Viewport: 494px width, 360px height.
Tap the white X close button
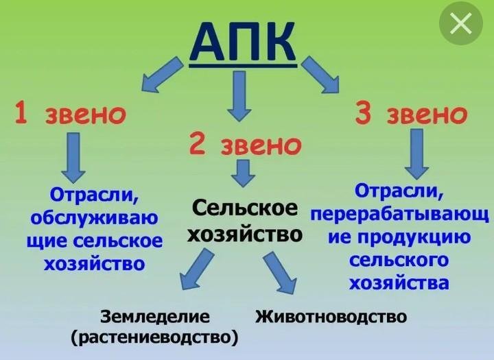tap(460, 24)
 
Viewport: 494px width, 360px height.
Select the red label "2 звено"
tap(245, 145)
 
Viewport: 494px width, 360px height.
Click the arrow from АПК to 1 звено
tap(162, 75)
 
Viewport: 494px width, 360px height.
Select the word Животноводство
tap(331, 317)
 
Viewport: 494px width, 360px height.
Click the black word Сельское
tap(245, 207)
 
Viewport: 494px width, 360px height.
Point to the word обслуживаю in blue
tap(94, 219)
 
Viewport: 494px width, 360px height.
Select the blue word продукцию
tap(411, 238)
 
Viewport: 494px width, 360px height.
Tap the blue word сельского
tap(399, 261)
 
